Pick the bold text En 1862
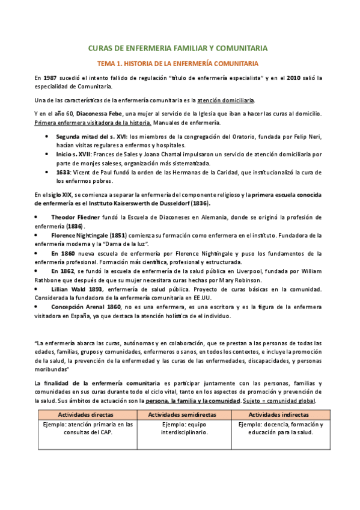coord(64,271)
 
